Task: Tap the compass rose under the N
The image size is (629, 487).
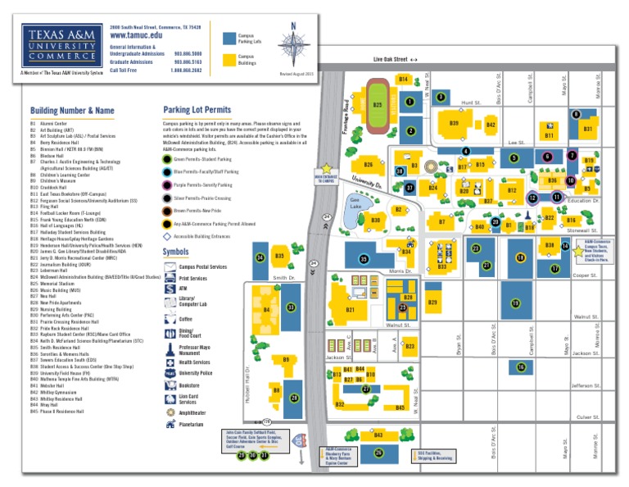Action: coord(293,48)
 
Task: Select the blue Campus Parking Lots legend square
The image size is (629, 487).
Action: coord(228,37)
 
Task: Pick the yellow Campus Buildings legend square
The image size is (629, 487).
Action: coord(228,60)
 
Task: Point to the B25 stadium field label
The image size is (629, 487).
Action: coord(377,105)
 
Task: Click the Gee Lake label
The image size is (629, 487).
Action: coord(356,201)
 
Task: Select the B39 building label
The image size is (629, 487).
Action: coord(454,123)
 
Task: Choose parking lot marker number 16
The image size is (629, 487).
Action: coord(521,367)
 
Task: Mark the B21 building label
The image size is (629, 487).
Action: coord(351,310)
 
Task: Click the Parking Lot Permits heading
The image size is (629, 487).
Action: coord(197,109)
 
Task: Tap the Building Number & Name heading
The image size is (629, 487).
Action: coord(72,110)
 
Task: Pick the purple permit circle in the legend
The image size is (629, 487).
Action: coord(168,185)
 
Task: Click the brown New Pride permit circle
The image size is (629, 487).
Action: coord(168,211)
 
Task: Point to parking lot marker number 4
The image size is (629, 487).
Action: coord(465,151)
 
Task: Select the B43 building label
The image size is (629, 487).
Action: coord(378,435)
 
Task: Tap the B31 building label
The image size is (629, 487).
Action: coord(587,129)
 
